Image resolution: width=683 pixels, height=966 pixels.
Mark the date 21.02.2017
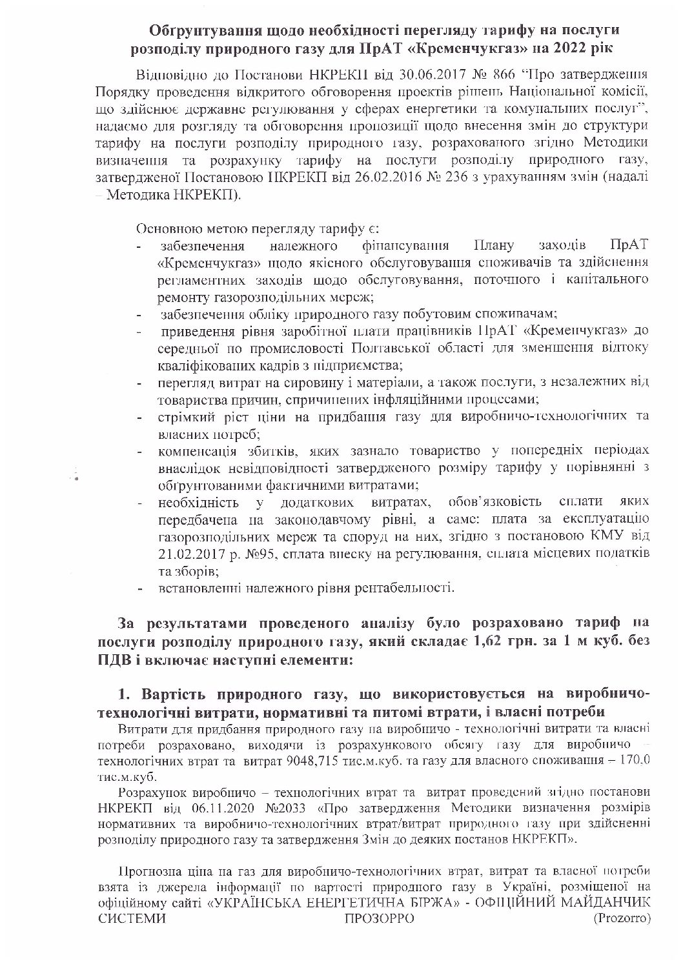[194, 554]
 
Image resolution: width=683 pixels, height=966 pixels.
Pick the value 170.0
[637, 761]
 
